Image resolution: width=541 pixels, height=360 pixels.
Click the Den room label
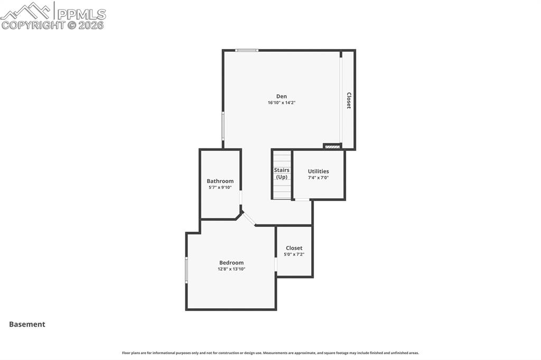pyautogui.click(x=281, y=96)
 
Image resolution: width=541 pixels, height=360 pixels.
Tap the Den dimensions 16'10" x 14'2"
pyautogui.click(x=281, y=103)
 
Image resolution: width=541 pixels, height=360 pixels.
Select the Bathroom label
pyautogui.click(x=220, y=181)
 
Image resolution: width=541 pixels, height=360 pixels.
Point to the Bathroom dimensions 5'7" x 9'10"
pyautogui.click(x=220, y=187)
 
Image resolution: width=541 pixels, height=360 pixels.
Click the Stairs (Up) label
pyautogui.click(x=282, y=174)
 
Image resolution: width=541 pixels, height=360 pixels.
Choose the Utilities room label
pyautogui.click(x=318, y=171)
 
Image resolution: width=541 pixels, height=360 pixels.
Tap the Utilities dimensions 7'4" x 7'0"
pyautogui.click(x=318, y=178)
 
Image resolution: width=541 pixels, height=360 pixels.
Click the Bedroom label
pyautogui.click(x=231, y=262)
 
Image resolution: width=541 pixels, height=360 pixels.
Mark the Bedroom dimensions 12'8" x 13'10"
pyautogui.click(x=231, y=269)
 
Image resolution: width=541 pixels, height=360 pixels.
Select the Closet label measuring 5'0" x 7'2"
pyautogui.click(x=294, y=248)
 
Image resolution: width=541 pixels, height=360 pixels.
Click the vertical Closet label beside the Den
pyautogui.click(x=349, y=100)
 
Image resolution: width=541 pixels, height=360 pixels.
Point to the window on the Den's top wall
pyautogui.click(x=247, y=50)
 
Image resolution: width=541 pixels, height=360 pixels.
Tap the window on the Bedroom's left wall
pyautogui.click(x=186, y=270)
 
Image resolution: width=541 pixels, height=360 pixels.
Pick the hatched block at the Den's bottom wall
pyautogui.click(x=332, y=147)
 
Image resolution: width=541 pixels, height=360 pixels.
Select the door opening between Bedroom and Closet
pyautogui.click(x=276, y=264)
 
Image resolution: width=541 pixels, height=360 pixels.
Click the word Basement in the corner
pyautogui.click(x=27, y=325)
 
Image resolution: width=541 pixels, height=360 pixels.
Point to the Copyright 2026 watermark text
pyautogui.click(x=53, y=25)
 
